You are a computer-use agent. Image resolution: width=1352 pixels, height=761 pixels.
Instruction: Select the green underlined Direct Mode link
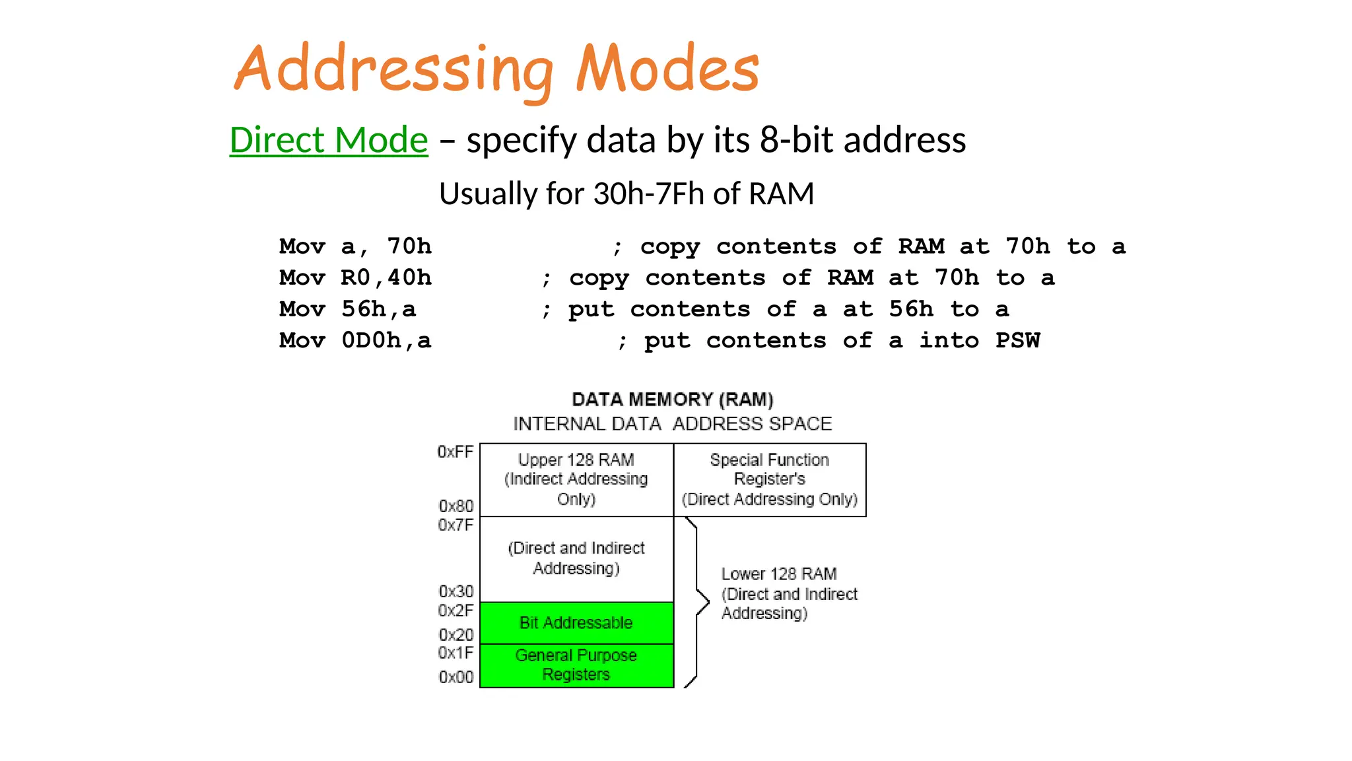(329, 140)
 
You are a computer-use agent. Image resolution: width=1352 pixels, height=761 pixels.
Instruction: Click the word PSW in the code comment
(1017, 341)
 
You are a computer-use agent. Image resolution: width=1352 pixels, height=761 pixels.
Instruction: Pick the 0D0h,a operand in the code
(386, 341)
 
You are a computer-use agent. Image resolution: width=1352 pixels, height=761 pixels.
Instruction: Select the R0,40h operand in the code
(386, 278)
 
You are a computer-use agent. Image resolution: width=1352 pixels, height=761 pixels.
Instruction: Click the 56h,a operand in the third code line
(379, 309)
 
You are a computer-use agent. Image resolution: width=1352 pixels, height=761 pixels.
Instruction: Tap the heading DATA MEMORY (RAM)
(672, 400)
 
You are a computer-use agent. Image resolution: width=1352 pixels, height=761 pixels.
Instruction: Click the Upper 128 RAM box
(576, 480)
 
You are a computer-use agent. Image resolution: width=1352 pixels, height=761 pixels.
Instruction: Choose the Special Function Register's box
(770, 480)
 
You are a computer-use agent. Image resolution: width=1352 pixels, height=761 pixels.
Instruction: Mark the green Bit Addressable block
(576, 623)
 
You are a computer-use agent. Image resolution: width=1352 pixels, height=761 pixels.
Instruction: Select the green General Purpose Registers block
(576, 665)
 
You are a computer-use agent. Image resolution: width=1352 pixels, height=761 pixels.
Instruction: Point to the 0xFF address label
(456, 453)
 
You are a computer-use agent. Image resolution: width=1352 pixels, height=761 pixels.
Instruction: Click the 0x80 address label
(456, 507)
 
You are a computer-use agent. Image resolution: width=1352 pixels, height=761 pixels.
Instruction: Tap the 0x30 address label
(456, 591)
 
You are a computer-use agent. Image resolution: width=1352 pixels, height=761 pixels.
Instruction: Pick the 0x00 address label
(456, 677)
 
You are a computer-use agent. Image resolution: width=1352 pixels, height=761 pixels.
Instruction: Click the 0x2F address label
(456, 610)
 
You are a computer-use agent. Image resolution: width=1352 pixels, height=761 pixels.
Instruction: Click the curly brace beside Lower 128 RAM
(698, 602)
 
